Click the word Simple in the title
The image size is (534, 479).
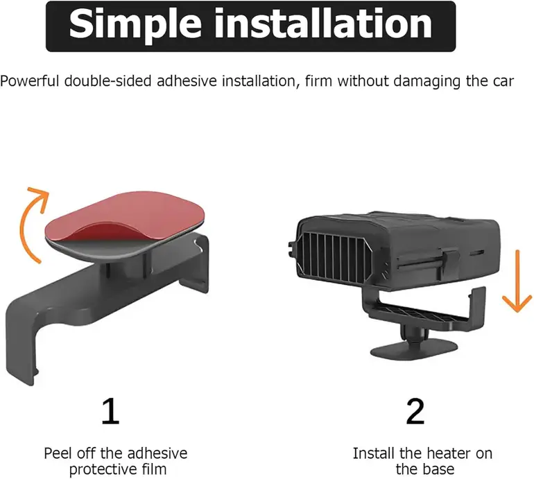[135, 24]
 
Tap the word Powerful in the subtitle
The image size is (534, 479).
[30, 81]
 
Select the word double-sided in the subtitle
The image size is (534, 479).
[108, 81]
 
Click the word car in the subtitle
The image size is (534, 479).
[503, 82]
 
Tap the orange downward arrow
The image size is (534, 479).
[517, 281]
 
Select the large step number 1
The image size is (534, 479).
[111, 411]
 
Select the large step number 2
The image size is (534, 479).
[415, 411]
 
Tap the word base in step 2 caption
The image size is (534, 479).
[439, 469]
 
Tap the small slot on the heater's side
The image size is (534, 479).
[476, 253]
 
